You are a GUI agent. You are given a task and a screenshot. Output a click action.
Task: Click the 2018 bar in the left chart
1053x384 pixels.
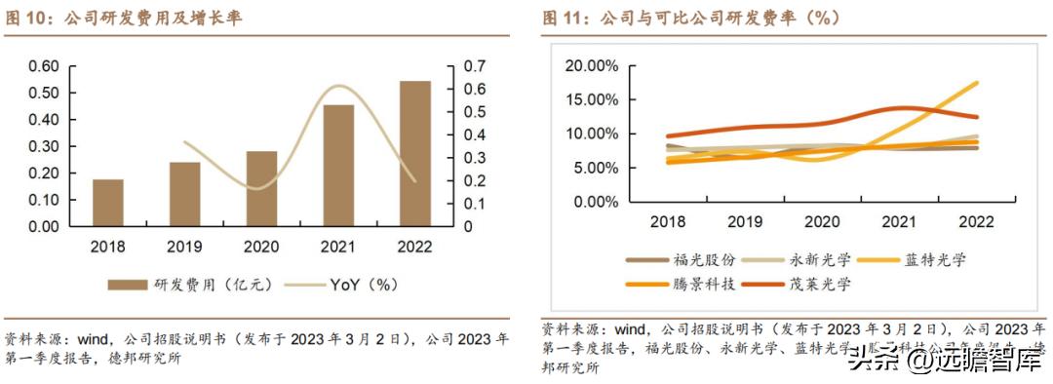(108, 203)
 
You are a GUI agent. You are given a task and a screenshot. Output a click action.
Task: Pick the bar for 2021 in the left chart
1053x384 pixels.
(338, 166)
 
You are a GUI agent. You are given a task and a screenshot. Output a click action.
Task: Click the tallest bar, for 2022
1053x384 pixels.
(414, 153)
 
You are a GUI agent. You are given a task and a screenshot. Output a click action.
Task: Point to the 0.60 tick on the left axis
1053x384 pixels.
(43, 66)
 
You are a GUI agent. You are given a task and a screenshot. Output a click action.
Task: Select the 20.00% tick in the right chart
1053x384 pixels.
(591, 66)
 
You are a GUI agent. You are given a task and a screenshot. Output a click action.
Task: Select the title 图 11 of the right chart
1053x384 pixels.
(691, 19)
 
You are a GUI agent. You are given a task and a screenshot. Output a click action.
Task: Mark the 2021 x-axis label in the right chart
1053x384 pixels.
(900, 222)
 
